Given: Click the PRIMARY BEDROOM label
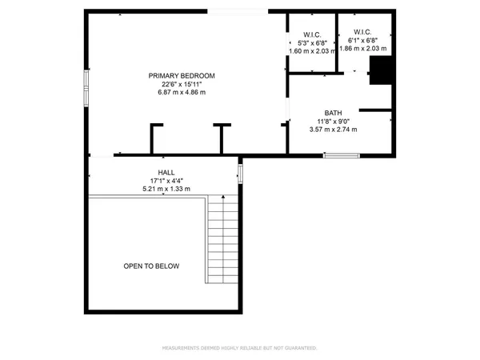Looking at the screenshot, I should pyautogui.click(x=182, y=76).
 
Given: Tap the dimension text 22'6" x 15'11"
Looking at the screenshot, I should pyautogui.click(x=182, y=84).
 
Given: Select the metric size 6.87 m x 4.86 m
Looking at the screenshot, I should pyautogui.click(x=182, y=93).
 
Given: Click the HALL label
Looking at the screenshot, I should pyautogui.click(x=166, y=173).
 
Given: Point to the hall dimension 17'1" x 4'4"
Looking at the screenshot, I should pyautogui.click(x=166, y=181).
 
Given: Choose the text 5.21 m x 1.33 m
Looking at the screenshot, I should pyautogui.click(x=166, y=190).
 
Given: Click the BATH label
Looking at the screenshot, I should pyautogui.click(x=334, y=113).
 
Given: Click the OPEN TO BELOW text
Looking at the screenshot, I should pyautogui.click(x=151, y=266).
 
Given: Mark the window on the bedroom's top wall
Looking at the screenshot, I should pyautogui.click(x=238, y=11).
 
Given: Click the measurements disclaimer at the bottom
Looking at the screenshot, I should pyautogui.click(x=240, y=348).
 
